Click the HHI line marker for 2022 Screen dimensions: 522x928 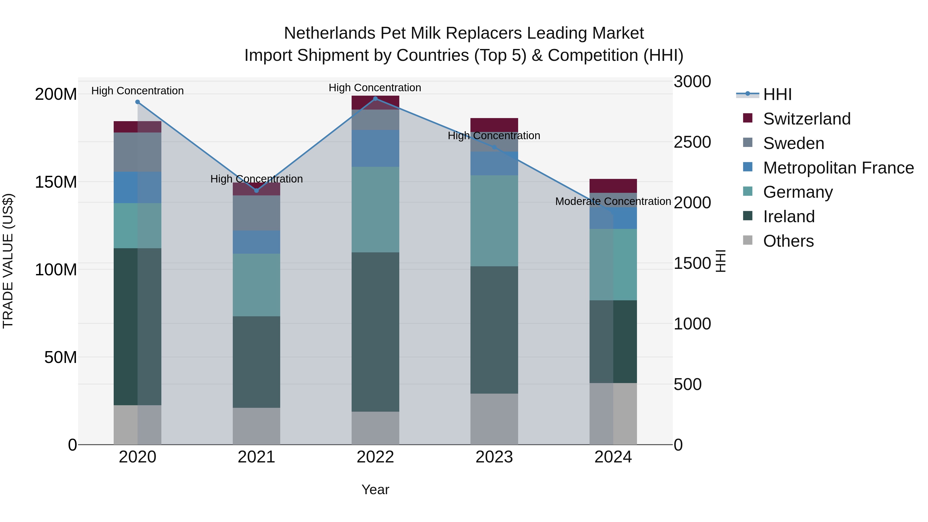click(x=375, y=98)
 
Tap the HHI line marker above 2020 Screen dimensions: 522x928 click(x=138, y=102)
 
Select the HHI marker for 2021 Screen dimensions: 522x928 click(x=256, y=190)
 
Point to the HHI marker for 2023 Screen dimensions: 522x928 click(x=494, y=147)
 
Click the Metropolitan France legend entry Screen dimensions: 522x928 click(x=838, y=168)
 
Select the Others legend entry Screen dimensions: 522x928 click(x=788, y=241)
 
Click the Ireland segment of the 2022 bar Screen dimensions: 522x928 click(x=375, y=332)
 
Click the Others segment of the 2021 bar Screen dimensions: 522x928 click(x=256, y=426)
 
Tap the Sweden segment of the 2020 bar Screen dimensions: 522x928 click(x=138, y=152)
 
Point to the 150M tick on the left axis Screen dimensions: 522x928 click(x=56, y=182)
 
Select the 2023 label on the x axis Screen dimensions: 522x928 click(x=494, y=457)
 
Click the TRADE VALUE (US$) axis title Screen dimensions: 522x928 click(x=8, y=261)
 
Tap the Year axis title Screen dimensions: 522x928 click(x=375, y=490)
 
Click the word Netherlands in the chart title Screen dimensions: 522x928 click(x=330, y=33)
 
